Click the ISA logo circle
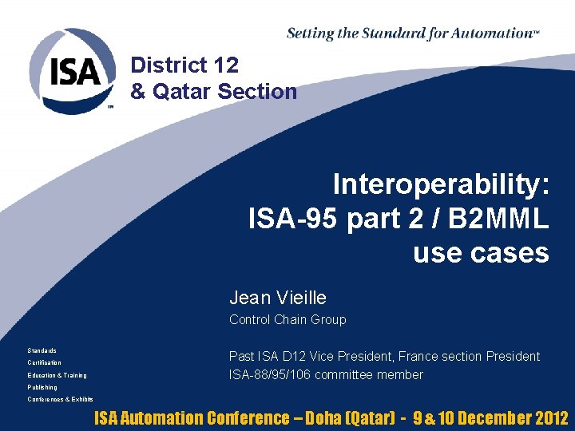73,72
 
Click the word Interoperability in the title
441,184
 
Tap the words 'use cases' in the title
481,252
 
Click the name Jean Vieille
278,298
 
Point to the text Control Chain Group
287,319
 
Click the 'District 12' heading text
184,65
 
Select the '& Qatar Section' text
213,91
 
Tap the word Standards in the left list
42,350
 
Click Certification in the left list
44,362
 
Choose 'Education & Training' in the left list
57,375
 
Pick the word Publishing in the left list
42,387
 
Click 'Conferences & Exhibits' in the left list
60,399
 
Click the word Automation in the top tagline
493,34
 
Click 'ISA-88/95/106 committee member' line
326,374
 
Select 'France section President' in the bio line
469,356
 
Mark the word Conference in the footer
248,417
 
